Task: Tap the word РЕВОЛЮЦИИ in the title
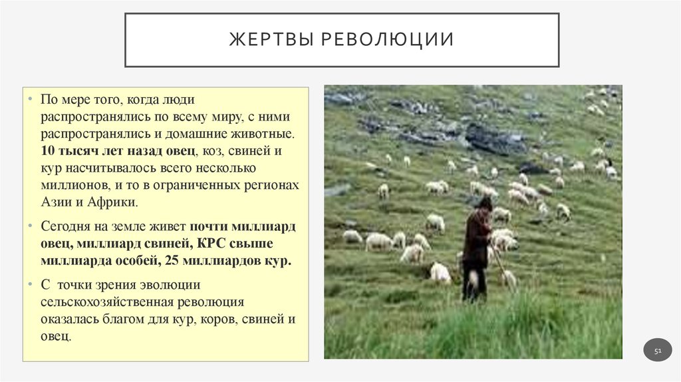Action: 389,39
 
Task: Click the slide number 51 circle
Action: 658,349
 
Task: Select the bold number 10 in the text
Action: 48,151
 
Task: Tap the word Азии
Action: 58,202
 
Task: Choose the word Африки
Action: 116,202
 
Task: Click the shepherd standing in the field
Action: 476,250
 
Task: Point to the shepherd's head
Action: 485,204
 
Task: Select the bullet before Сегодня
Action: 31,226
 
